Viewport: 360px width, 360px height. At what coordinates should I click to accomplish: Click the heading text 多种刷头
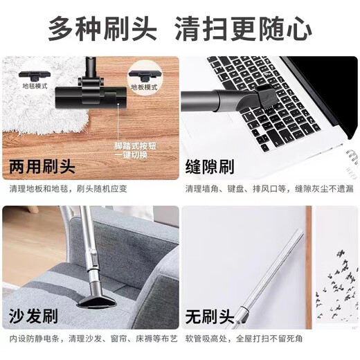(x=102, y=28)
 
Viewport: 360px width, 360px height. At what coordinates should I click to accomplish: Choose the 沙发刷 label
(x=32, y=319)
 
